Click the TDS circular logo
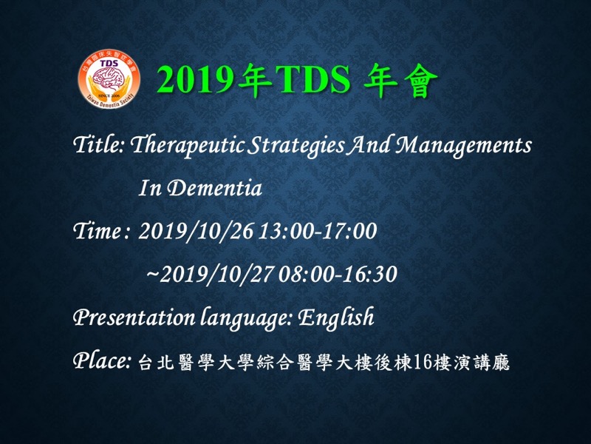(x=109, y=79)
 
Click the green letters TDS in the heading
(x=313, y=80)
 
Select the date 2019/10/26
(x=196, y=231)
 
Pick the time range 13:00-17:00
(x=318, y=231)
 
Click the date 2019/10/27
(x=216, y=275)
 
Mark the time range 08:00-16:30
(x=338, y=275)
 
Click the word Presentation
(x=134, y=317)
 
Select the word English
(x=336, y=318)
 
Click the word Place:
(x=102, y=360)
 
